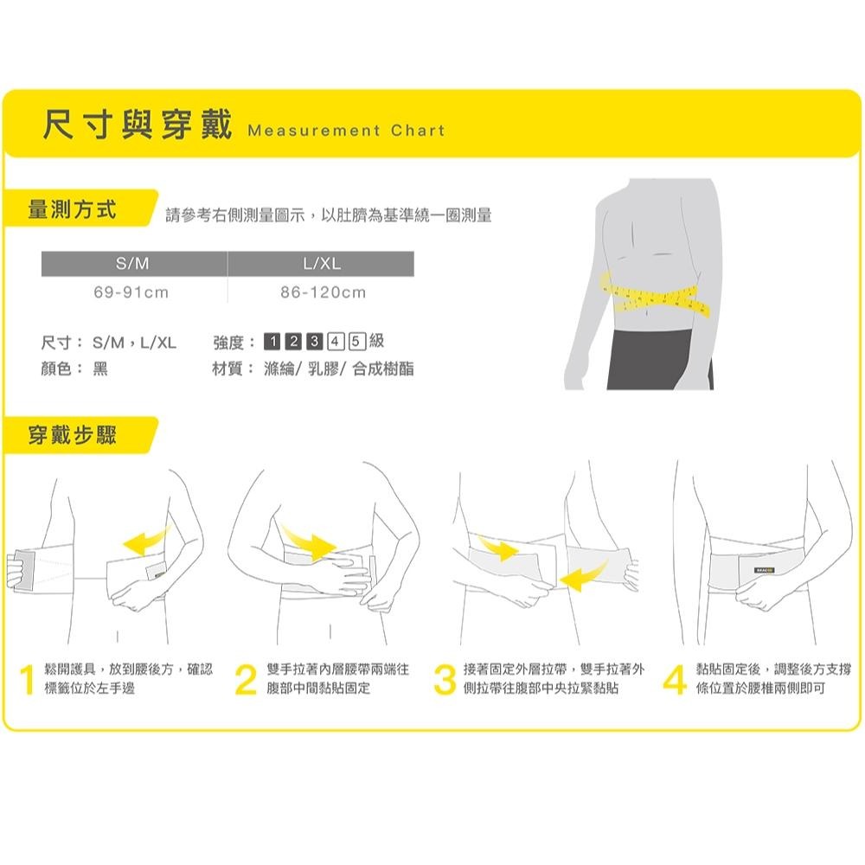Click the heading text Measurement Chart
345,131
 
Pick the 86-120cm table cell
323,292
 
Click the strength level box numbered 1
272,342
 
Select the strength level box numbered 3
316,342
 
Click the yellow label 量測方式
74,210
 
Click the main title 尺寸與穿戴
138,127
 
